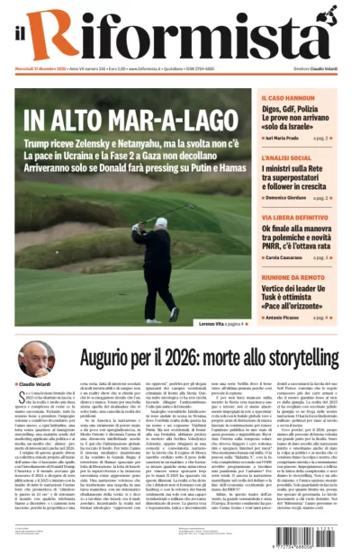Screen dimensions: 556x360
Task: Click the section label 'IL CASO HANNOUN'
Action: pos(286,95)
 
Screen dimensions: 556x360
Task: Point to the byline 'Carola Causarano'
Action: pos(287,257)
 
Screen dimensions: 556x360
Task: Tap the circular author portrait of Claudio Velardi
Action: pos(35,355)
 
